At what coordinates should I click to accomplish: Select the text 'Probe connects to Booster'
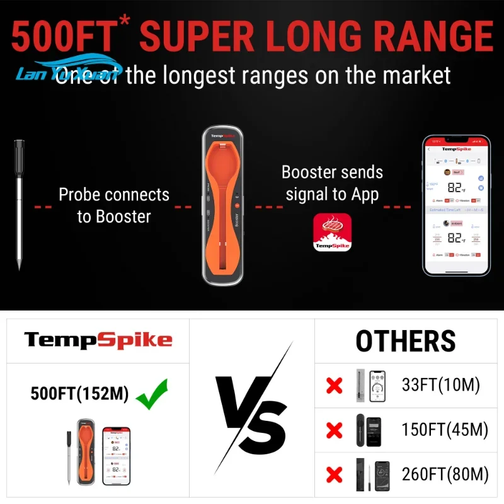click(x=114, y=205)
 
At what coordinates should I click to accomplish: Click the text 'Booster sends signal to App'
click(x=332, y=183)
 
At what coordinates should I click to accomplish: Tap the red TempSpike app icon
click(x=332, y=232)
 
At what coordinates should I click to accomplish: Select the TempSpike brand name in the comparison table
click(x=98, y=341)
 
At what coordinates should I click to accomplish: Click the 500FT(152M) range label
click(x=79, y=394)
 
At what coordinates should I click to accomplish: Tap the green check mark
click(x=152, y=394)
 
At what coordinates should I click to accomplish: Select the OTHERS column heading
click(x=405, y=341)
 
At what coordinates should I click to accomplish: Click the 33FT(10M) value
click(x=441, y=385)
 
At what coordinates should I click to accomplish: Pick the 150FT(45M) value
click(x=445, y=430)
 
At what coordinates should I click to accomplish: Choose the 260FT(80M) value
click(x=445, y=474)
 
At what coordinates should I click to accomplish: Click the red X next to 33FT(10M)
click(x=334, y=386)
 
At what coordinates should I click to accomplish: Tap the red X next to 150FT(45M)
click(x=334, y=430)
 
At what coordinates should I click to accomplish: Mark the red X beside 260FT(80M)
click(x=334, y=474)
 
